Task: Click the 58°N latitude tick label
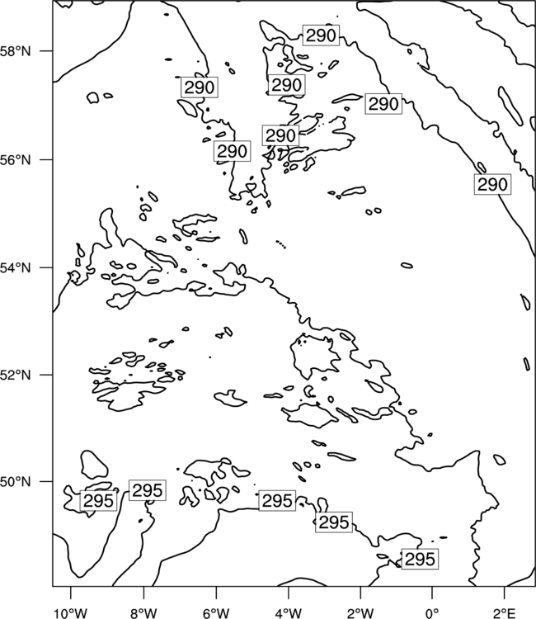(16, 51)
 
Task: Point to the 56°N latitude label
(16, 160)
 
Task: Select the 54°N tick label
(16, 268)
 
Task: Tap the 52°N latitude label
(16, 375)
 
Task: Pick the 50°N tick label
(16, 482)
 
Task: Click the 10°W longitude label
(71, 613)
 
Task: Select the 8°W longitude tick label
(143, 613)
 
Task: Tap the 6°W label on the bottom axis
(216, 613)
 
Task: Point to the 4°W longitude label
(289, 613)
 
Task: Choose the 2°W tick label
(360, 613)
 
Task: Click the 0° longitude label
(433, 613)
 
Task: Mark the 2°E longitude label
(505, 613)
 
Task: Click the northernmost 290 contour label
(321, 35)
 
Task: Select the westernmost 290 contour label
(200, 87)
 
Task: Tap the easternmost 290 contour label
(492, 184)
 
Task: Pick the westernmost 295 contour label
(99, 501)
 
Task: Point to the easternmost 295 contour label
(420, 559)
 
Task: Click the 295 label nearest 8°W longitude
(148, 490)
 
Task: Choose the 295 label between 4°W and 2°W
(334, 522)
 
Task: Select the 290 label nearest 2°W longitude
(383, 104)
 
